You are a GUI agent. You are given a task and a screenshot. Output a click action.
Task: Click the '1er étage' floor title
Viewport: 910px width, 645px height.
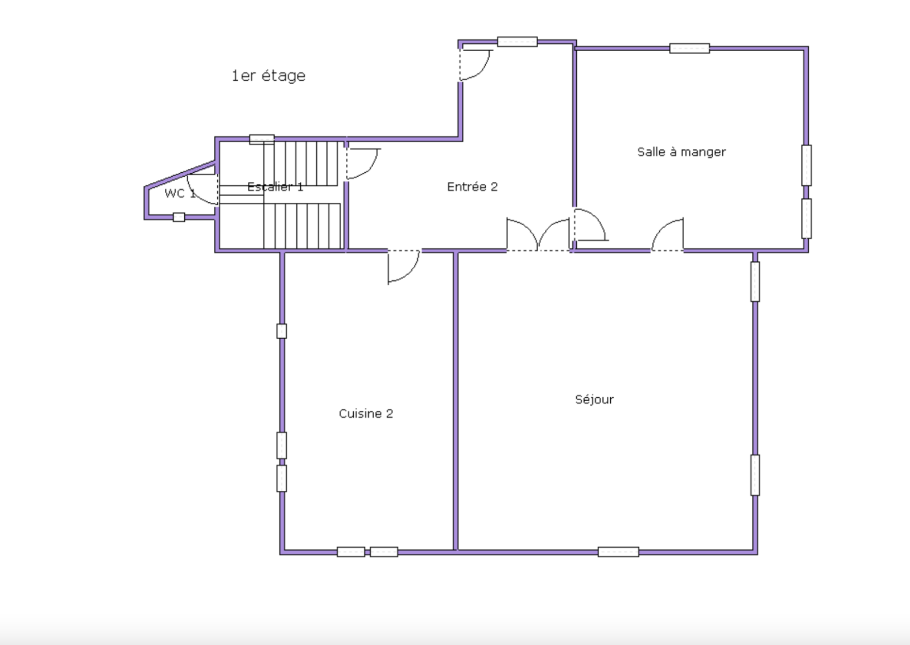[x=268, y=76]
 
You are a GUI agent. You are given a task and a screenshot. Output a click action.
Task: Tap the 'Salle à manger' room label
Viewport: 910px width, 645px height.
[x=681, y=152]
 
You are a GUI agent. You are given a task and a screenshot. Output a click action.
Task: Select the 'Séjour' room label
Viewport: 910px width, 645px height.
[x=594, y=400]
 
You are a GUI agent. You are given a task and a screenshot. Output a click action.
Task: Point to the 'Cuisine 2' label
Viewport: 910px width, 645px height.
[x=366, y=414]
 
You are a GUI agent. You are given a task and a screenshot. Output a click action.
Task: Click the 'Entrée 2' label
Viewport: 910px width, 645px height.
[x=472, y=187]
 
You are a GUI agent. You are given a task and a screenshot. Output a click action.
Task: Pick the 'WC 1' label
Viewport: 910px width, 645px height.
[x=180, y=194]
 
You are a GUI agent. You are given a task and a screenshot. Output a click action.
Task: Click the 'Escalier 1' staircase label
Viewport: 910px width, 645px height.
[x=275, y=187]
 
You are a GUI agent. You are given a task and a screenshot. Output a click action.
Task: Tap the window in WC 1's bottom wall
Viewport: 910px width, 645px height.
[x=179, y=217]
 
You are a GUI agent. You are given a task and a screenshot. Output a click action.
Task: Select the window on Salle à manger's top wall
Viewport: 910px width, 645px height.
[x=689, y=48]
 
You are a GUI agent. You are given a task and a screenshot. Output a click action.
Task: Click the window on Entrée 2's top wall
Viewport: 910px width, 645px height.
[x=517, y=41]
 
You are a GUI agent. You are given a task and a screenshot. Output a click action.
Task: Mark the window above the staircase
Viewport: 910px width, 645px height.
[x=262, y=139]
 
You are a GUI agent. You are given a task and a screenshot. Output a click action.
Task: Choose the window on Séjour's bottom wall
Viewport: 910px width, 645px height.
[x=618, y=552]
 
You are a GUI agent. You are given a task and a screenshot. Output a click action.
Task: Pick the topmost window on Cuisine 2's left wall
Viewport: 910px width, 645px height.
[x=282, y=331]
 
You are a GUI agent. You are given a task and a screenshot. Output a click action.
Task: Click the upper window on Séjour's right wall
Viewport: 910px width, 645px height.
[x=755, y=282]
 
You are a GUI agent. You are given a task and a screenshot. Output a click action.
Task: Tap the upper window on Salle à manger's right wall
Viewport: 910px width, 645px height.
[x=806, y=165]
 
